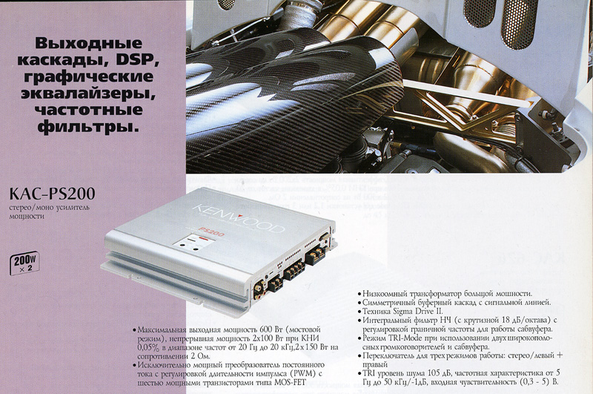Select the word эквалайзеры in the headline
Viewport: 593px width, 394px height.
click(88, 93)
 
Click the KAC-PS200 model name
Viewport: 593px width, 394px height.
click(52, 194)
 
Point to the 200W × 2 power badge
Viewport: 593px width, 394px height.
click(24, 263)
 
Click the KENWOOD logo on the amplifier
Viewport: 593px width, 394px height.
click(238, 217)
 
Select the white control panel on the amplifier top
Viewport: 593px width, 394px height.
click(191, 243)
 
